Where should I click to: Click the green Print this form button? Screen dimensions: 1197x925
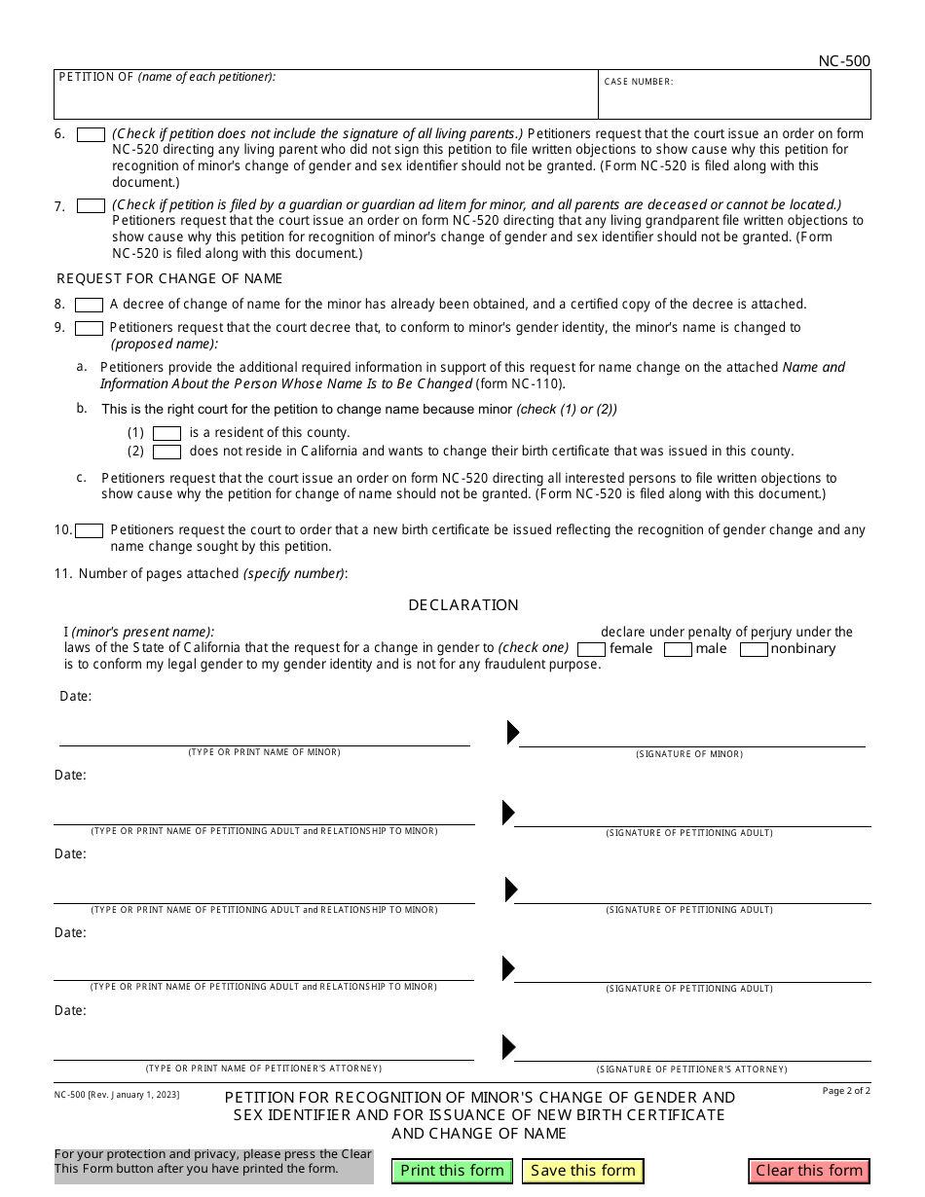point(452,1171)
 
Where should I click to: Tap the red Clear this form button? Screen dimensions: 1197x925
point(808,1171)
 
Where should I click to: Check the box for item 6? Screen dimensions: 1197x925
point(91,134)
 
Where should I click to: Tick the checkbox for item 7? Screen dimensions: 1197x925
point(91,205)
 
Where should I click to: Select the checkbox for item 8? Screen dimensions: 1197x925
point(89,305)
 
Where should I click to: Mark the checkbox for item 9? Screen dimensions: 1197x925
point(89,329)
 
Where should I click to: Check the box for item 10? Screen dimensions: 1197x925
point(89,530)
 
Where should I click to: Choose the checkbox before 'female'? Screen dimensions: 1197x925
point(591,649)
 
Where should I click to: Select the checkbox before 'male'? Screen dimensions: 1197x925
point(678,649)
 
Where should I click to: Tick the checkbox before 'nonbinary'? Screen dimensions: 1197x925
point(754,649)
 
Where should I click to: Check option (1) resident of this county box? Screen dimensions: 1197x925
point(167,433)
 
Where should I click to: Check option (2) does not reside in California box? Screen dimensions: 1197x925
point(167,452)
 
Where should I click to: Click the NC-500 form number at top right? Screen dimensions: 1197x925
point(843,61)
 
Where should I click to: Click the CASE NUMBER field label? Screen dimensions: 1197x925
point(638,82)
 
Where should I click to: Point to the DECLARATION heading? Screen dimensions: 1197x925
point(462,605)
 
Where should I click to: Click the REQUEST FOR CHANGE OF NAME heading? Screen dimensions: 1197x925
point(169,278)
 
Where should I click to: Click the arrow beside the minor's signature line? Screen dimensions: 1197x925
point(513,733)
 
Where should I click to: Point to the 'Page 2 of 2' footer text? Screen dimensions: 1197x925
point(845,1091)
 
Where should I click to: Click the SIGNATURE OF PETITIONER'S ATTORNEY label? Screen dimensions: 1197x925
point(691,1069)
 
